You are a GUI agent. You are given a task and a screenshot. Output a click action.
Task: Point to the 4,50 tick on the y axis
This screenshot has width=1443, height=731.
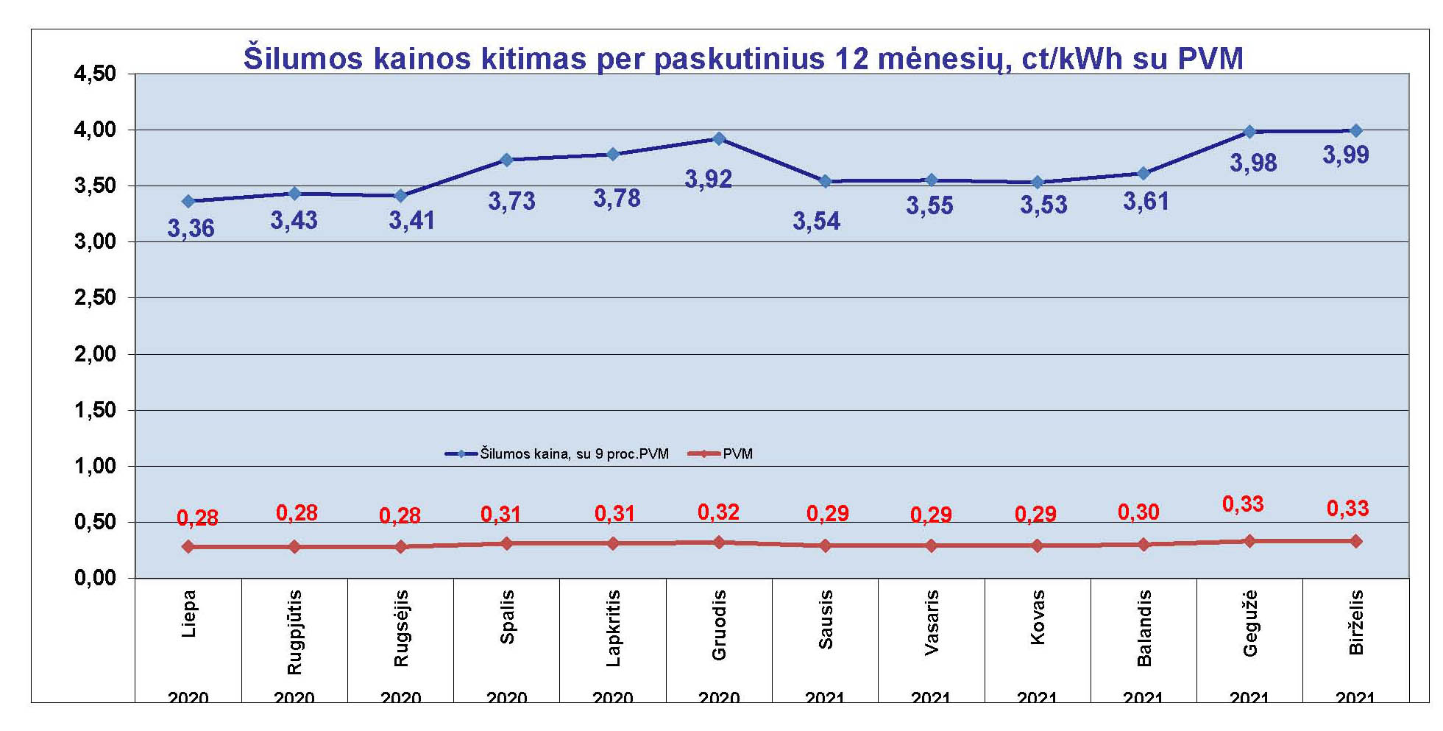95,74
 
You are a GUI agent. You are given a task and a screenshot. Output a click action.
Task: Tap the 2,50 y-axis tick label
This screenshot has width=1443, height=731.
95,297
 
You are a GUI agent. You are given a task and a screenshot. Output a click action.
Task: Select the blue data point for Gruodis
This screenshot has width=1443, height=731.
719,138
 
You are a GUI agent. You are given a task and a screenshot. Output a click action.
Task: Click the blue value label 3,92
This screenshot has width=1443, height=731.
708,179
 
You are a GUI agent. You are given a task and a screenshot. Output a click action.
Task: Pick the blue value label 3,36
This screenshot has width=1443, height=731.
191,228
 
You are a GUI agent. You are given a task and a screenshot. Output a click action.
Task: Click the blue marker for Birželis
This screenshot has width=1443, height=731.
1355,130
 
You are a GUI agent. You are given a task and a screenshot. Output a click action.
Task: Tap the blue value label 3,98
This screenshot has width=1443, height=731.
1252,163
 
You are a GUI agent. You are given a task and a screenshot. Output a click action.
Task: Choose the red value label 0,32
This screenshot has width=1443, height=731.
718,512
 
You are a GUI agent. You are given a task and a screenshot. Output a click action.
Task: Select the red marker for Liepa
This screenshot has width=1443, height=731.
188,546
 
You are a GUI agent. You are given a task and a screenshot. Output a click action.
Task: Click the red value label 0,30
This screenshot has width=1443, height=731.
1138,512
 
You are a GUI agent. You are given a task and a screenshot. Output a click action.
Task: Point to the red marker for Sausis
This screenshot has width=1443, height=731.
825,545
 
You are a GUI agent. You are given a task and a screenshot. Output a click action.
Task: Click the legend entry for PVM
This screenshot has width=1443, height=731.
737,453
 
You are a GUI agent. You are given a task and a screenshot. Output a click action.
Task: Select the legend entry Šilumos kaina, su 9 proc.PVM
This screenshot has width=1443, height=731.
574,453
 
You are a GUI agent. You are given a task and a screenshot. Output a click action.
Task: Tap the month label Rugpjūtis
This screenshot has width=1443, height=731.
294,632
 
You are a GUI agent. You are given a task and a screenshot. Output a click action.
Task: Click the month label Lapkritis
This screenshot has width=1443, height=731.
613,628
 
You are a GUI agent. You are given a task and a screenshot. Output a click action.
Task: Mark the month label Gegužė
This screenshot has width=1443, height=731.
1249,623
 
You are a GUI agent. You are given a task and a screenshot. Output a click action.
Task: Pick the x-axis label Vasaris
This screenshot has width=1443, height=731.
931,622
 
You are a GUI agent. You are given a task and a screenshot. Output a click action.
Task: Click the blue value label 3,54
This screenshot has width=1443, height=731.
816,221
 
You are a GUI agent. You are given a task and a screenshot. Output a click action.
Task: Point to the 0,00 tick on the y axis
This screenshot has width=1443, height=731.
95,578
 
